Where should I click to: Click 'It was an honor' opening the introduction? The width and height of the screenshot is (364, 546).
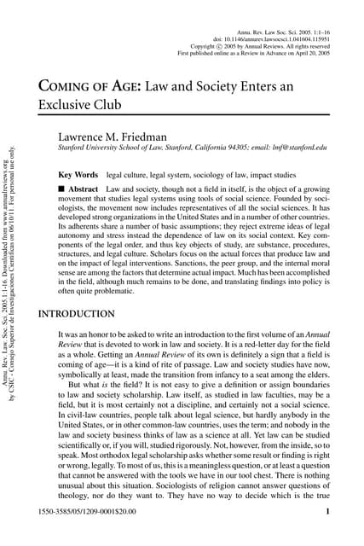[x=87, y=337]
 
